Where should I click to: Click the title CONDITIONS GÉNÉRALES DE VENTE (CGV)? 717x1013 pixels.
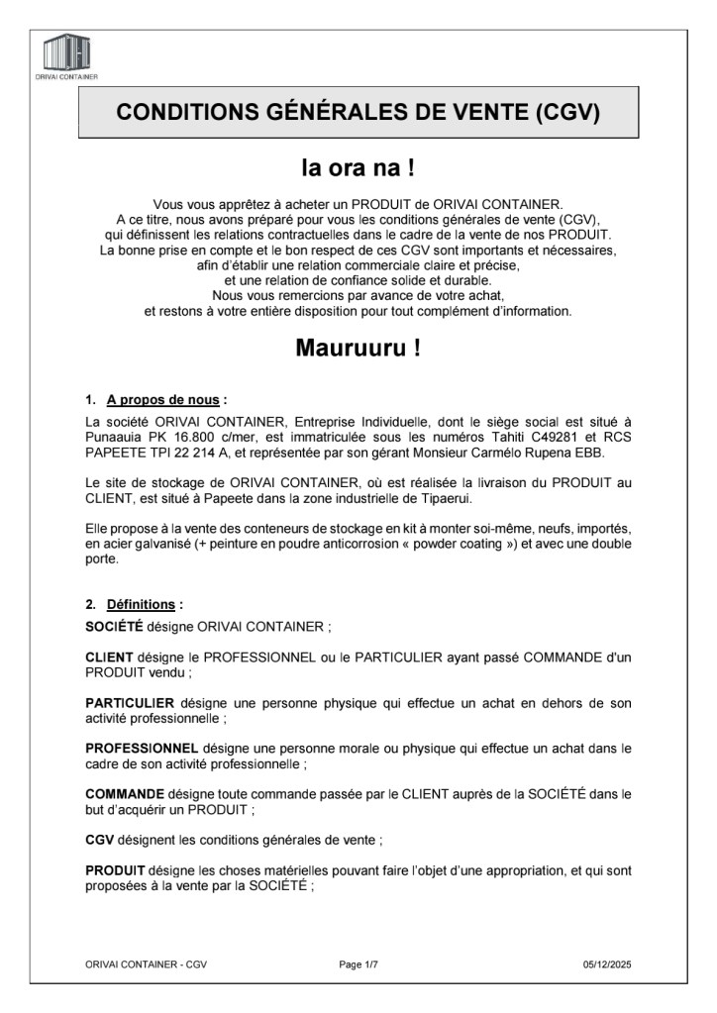click(358, 112)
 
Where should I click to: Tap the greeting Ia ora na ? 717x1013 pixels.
click(358, 167)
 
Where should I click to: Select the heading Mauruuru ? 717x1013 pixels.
click(358, 350)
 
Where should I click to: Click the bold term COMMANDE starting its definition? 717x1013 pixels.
click(126, 794)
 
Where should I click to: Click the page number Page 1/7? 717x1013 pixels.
click(358, 963)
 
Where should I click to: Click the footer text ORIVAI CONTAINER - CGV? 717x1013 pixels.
click(146, 963)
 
